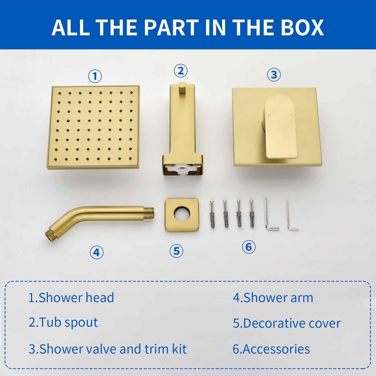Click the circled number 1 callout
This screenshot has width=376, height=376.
click(95, 76)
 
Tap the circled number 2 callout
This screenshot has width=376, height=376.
click(180, 71)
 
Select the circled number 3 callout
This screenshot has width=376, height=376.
click(274, 75)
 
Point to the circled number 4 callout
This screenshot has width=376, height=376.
click(97, 252)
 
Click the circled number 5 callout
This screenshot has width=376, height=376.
click(176, 251)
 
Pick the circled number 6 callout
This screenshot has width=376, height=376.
click(249, 247)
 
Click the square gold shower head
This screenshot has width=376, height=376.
click(93, 127)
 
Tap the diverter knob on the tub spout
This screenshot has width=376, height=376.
click(182, 88)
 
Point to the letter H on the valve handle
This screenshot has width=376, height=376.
click(269, 115)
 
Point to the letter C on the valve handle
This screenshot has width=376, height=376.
click(291, 115)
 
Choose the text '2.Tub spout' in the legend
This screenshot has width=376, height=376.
click(63, 322)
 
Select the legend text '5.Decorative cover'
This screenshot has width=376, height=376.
click(287, 323)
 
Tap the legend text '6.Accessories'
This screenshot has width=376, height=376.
click(271, 349)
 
